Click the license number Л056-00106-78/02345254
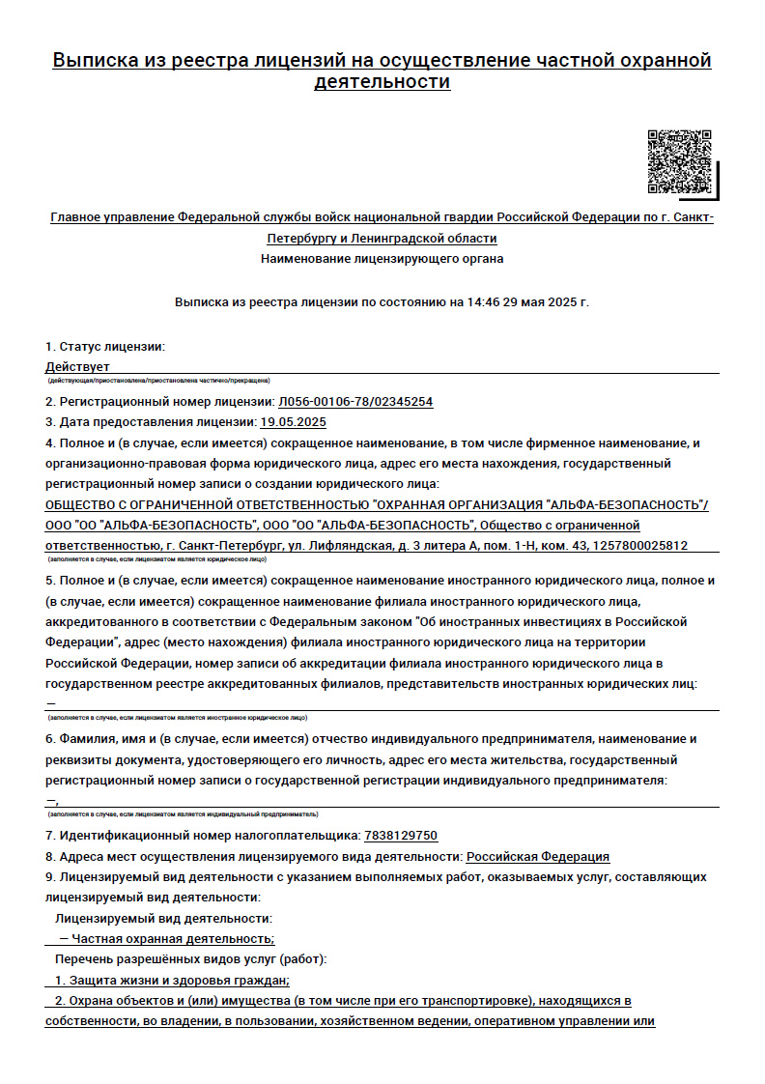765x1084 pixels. pyautogui.click(x=355, y=401)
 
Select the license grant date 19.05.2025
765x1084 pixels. pyautogui.click(x=294, y=422)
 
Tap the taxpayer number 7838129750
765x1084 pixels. pyautogui.click(x=401, y=836)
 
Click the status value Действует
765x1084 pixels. pyautogui.click(x=77, y=367)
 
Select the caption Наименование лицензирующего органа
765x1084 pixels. pyautogui.click(x=382, y=259)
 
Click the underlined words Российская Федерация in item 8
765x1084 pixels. pyautogui.click(x=538, y=857)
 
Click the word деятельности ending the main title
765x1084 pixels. pyautogui.click(x=382, y=82)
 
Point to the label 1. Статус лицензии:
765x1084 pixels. pyautogui.click(x=105, y=346)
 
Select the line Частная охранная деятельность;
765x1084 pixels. pyautogui.click(x=173, y=939)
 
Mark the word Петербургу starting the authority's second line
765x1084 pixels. pyautogui.click(x=299, y=238)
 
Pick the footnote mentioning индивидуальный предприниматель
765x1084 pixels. pyautogui.click(x=183, y=814)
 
